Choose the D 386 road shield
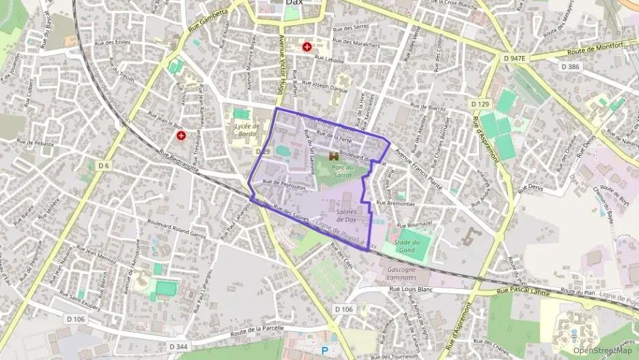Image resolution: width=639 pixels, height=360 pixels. point(569,66)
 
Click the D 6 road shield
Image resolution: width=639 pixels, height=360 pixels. point(104,165)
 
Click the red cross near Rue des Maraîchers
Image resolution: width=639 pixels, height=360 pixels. point(308,46)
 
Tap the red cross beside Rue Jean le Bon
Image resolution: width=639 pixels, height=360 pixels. point(181,135)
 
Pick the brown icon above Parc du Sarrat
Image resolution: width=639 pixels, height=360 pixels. point(334,156)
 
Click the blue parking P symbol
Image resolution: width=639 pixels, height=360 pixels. point(325,349)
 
